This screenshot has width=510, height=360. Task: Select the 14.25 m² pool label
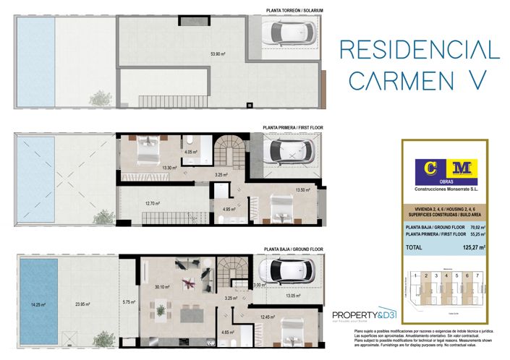click(36, 304)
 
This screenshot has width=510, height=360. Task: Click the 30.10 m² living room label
click(162, 287)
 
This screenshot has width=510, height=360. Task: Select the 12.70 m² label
click(152, 203)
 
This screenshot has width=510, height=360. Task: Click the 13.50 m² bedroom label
click(302, 190)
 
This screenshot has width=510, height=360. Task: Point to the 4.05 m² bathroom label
click(191, 152)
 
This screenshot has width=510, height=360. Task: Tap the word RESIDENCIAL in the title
click(420, 49)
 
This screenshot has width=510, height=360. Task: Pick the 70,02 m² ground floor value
click(475, 228)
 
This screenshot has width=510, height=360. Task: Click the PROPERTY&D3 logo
click(365, 315)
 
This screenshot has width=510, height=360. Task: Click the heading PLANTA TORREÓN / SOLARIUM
click(294, 11)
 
